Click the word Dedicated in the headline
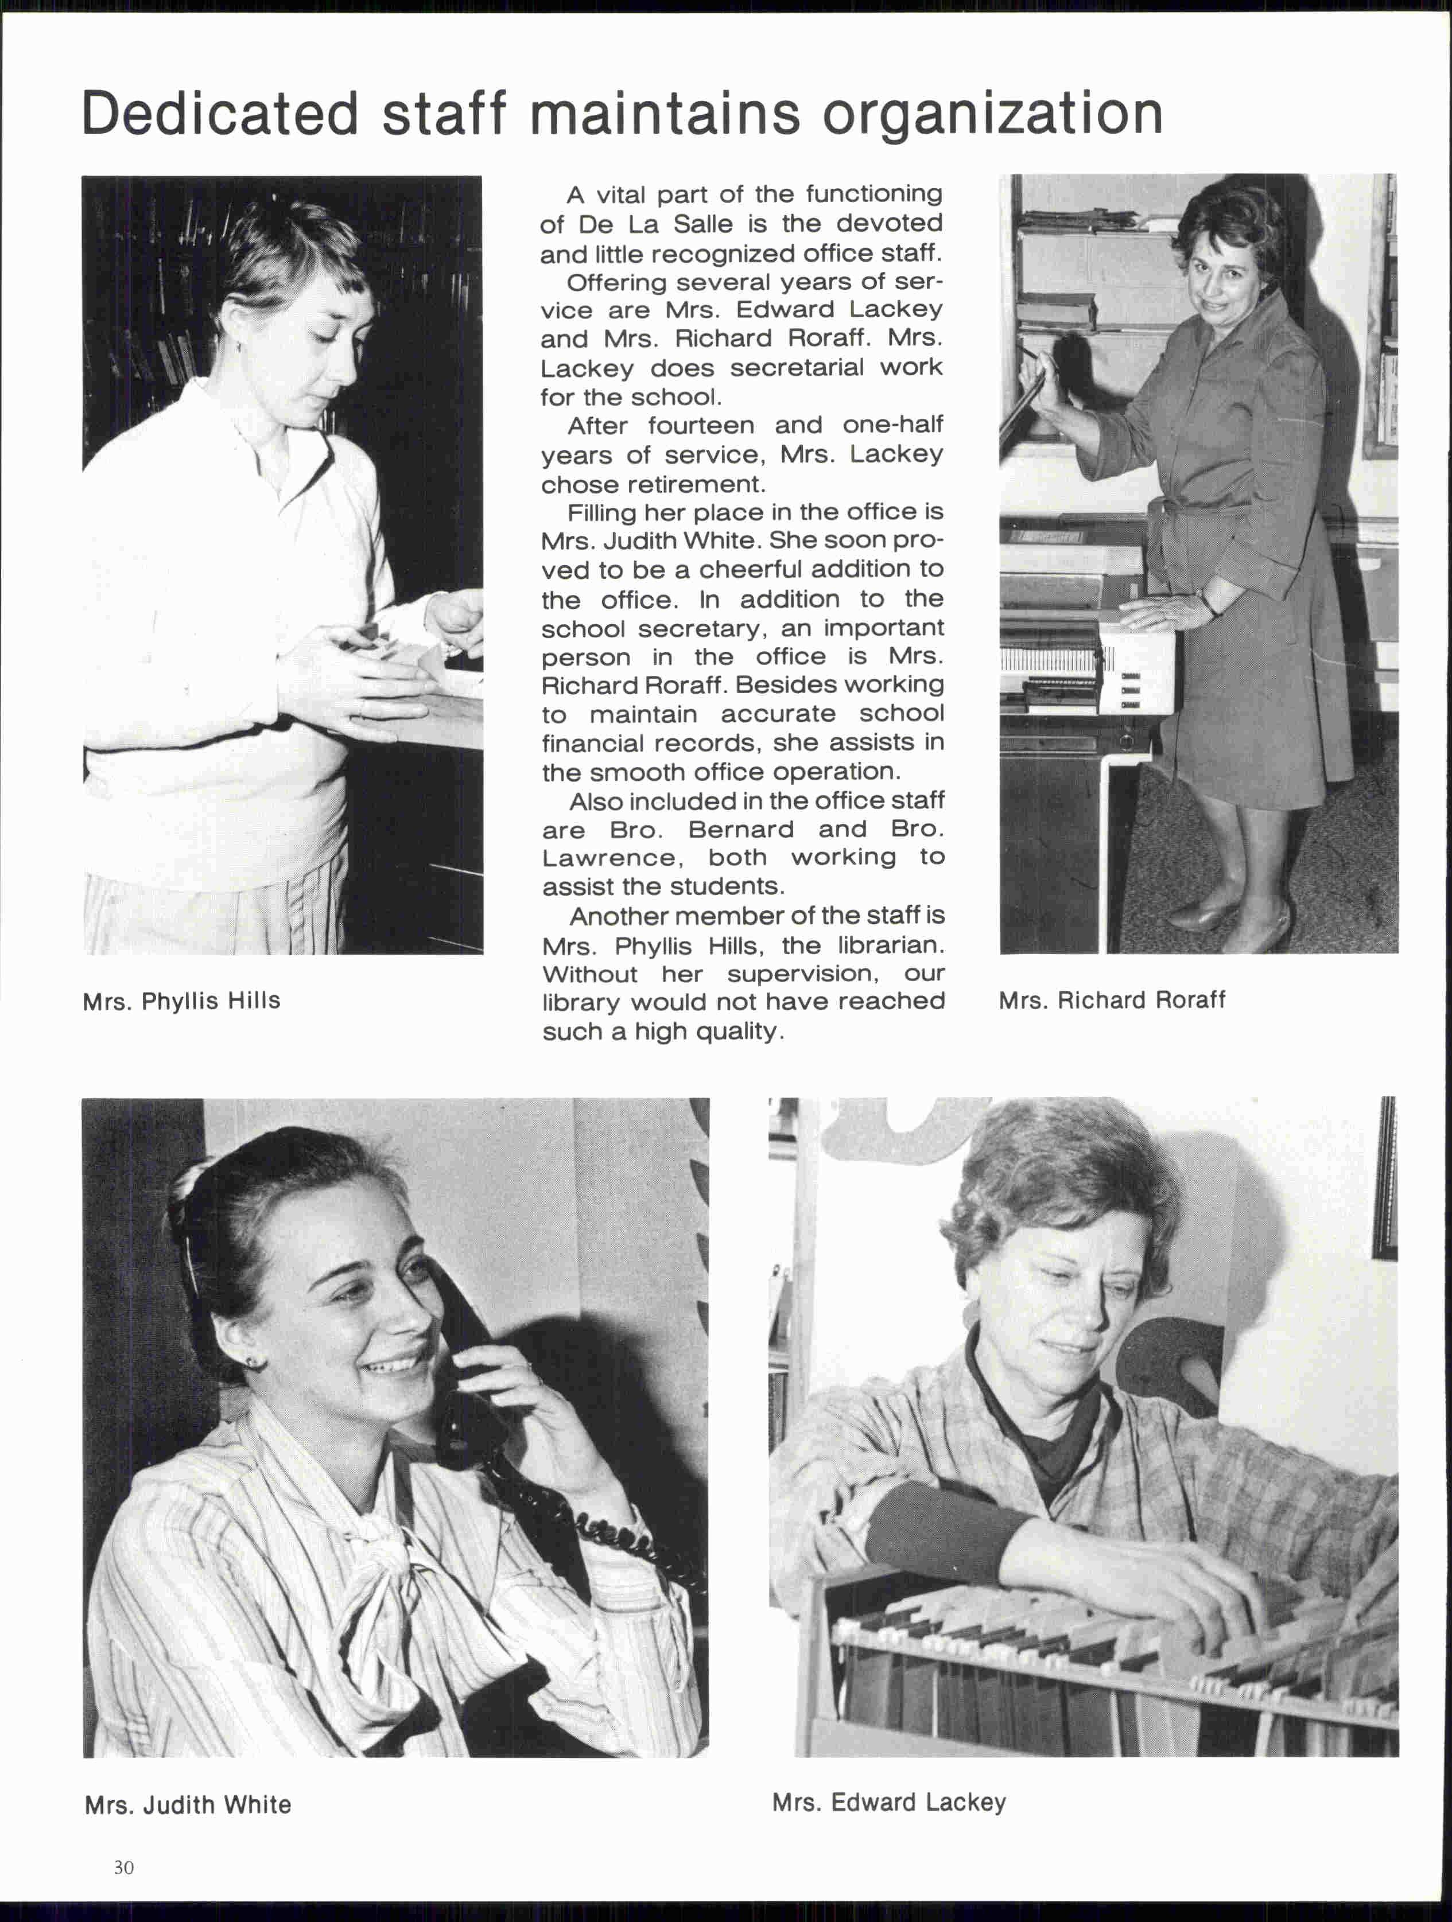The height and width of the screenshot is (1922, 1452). pyautogui.click(x=220, y=114)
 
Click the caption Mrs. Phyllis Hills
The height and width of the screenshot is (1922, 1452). pyautogui.click(x=181, y=1001)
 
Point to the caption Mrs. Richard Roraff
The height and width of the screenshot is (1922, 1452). pyautogui.click(x=1111, y=1000)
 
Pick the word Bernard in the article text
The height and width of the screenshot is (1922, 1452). pyautogui.click(x=740, y=829)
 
